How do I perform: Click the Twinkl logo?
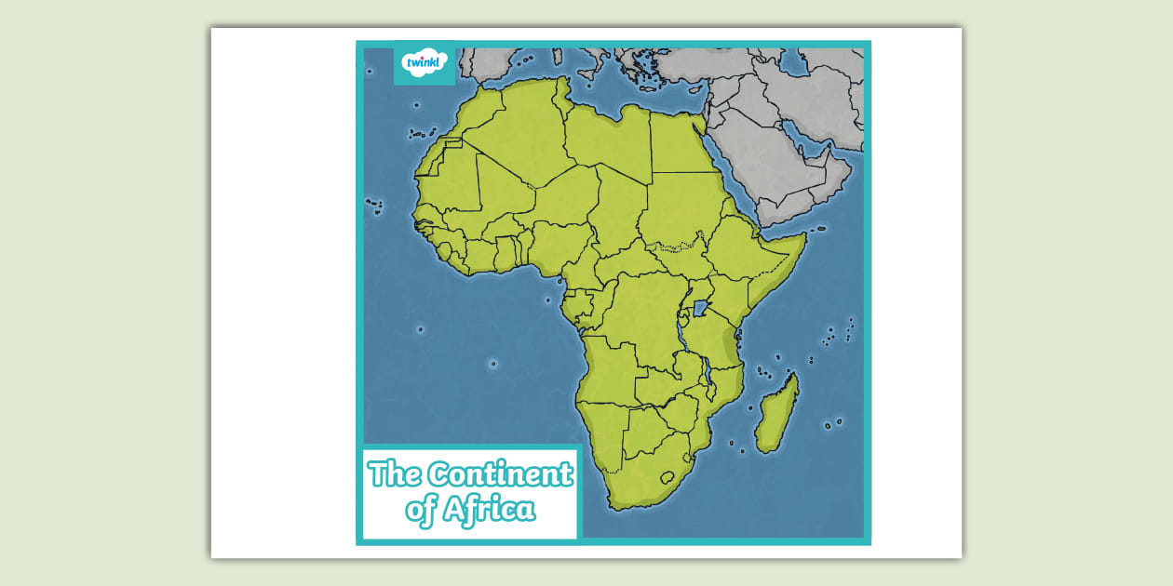click(x=425, y=62)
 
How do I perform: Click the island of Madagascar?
click(x=776, y=415)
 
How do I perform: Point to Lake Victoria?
click(x=700, y=307)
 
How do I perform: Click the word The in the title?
click(x=395, y=474)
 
